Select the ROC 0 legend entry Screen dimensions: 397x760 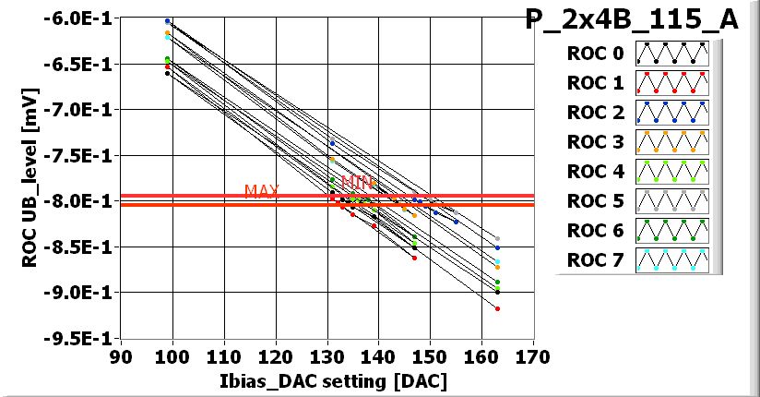click(595, 54)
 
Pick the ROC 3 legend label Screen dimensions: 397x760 click(595, 142)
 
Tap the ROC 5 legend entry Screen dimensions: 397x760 click(595, 201)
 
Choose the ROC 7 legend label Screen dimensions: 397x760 click(595, 260)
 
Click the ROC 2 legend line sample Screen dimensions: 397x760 click(671, 113)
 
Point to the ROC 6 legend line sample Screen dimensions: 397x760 click(671, 231)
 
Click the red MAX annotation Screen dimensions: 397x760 click(261, 191)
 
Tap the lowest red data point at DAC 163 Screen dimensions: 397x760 click(497, 308)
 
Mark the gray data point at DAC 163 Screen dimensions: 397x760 click(497, 239)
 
